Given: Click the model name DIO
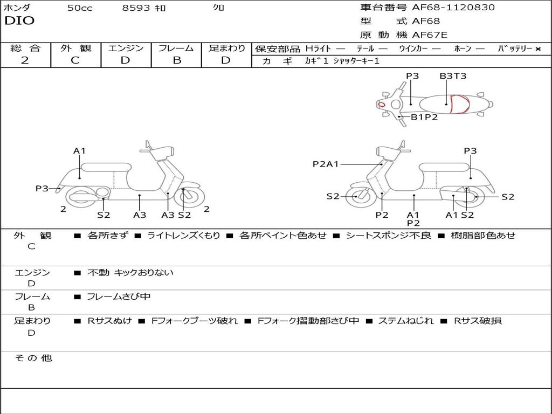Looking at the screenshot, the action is coord(19,21).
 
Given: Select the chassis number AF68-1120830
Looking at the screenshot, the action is coord(453,8).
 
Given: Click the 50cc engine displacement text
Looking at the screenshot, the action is coord(80,8).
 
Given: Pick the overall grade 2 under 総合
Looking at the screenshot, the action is coord(25,60).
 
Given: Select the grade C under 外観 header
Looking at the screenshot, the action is coord(75,60).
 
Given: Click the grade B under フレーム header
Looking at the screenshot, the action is coord(177,60).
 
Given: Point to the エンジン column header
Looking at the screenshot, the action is coord(126,49).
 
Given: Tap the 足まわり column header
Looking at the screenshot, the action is coord(226,49).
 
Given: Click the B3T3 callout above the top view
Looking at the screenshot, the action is coord(453,76).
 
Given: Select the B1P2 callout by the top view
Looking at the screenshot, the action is coord(424,117).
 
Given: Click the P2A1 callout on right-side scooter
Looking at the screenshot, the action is coord(326,164).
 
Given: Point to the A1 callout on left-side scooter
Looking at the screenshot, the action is coord(80,151).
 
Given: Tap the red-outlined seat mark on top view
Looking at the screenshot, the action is coord(459,104).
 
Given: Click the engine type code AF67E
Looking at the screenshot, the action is coord(430,35).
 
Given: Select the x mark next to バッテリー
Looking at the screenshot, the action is coord(538,49).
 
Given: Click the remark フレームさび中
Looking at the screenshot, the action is coord(119,296).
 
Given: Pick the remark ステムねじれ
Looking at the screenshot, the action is coord(405,321).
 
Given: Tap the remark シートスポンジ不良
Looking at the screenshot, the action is coord(388,236).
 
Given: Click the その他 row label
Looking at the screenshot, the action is coord(33,358).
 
